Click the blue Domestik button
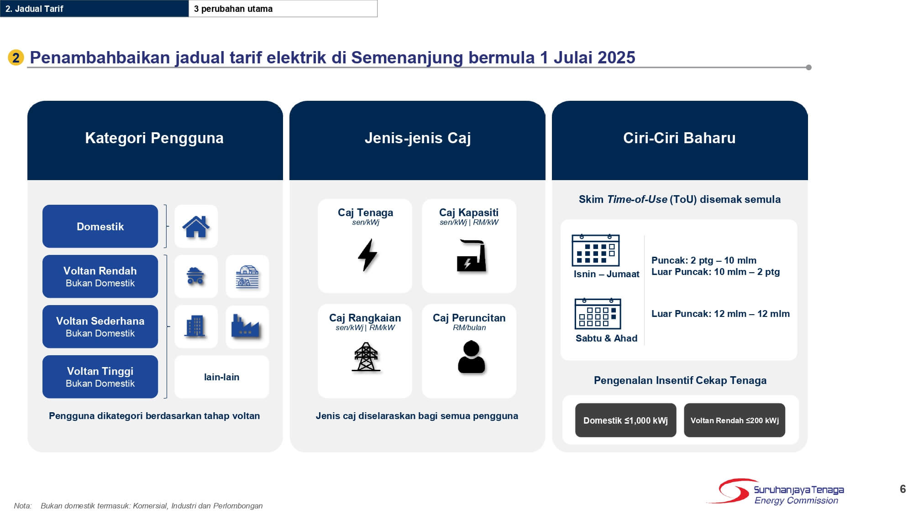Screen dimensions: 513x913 pos(100,226)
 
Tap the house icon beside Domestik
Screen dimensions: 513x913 pos(196,227)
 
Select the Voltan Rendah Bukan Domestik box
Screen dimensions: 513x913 pos(100,276)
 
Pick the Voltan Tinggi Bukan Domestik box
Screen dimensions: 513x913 pos(100,377)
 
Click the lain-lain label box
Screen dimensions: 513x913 pos(221,377)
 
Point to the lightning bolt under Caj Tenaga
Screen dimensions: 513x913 pos(367,255)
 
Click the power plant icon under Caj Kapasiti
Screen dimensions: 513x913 pos(471,256)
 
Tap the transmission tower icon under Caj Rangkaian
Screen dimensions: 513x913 pos(366,357)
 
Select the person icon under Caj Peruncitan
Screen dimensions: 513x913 pos(471,358)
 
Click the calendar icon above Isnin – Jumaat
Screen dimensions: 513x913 pos(595,250)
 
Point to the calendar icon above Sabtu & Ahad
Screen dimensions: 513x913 pos(598,314)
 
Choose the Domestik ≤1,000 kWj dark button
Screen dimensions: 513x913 pos(625,420)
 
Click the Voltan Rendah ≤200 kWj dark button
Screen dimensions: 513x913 pos(734,420)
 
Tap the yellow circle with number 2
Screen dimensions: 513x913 pos(16,58)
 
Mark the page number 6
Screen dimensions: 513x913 pos(903,489)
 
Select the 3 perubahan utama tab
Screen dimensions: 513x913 pos(283,9)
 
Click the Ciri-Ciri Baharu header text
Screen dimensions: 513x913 pos(679,138)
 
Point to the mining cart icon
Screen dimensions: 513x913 pos(195,276)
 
